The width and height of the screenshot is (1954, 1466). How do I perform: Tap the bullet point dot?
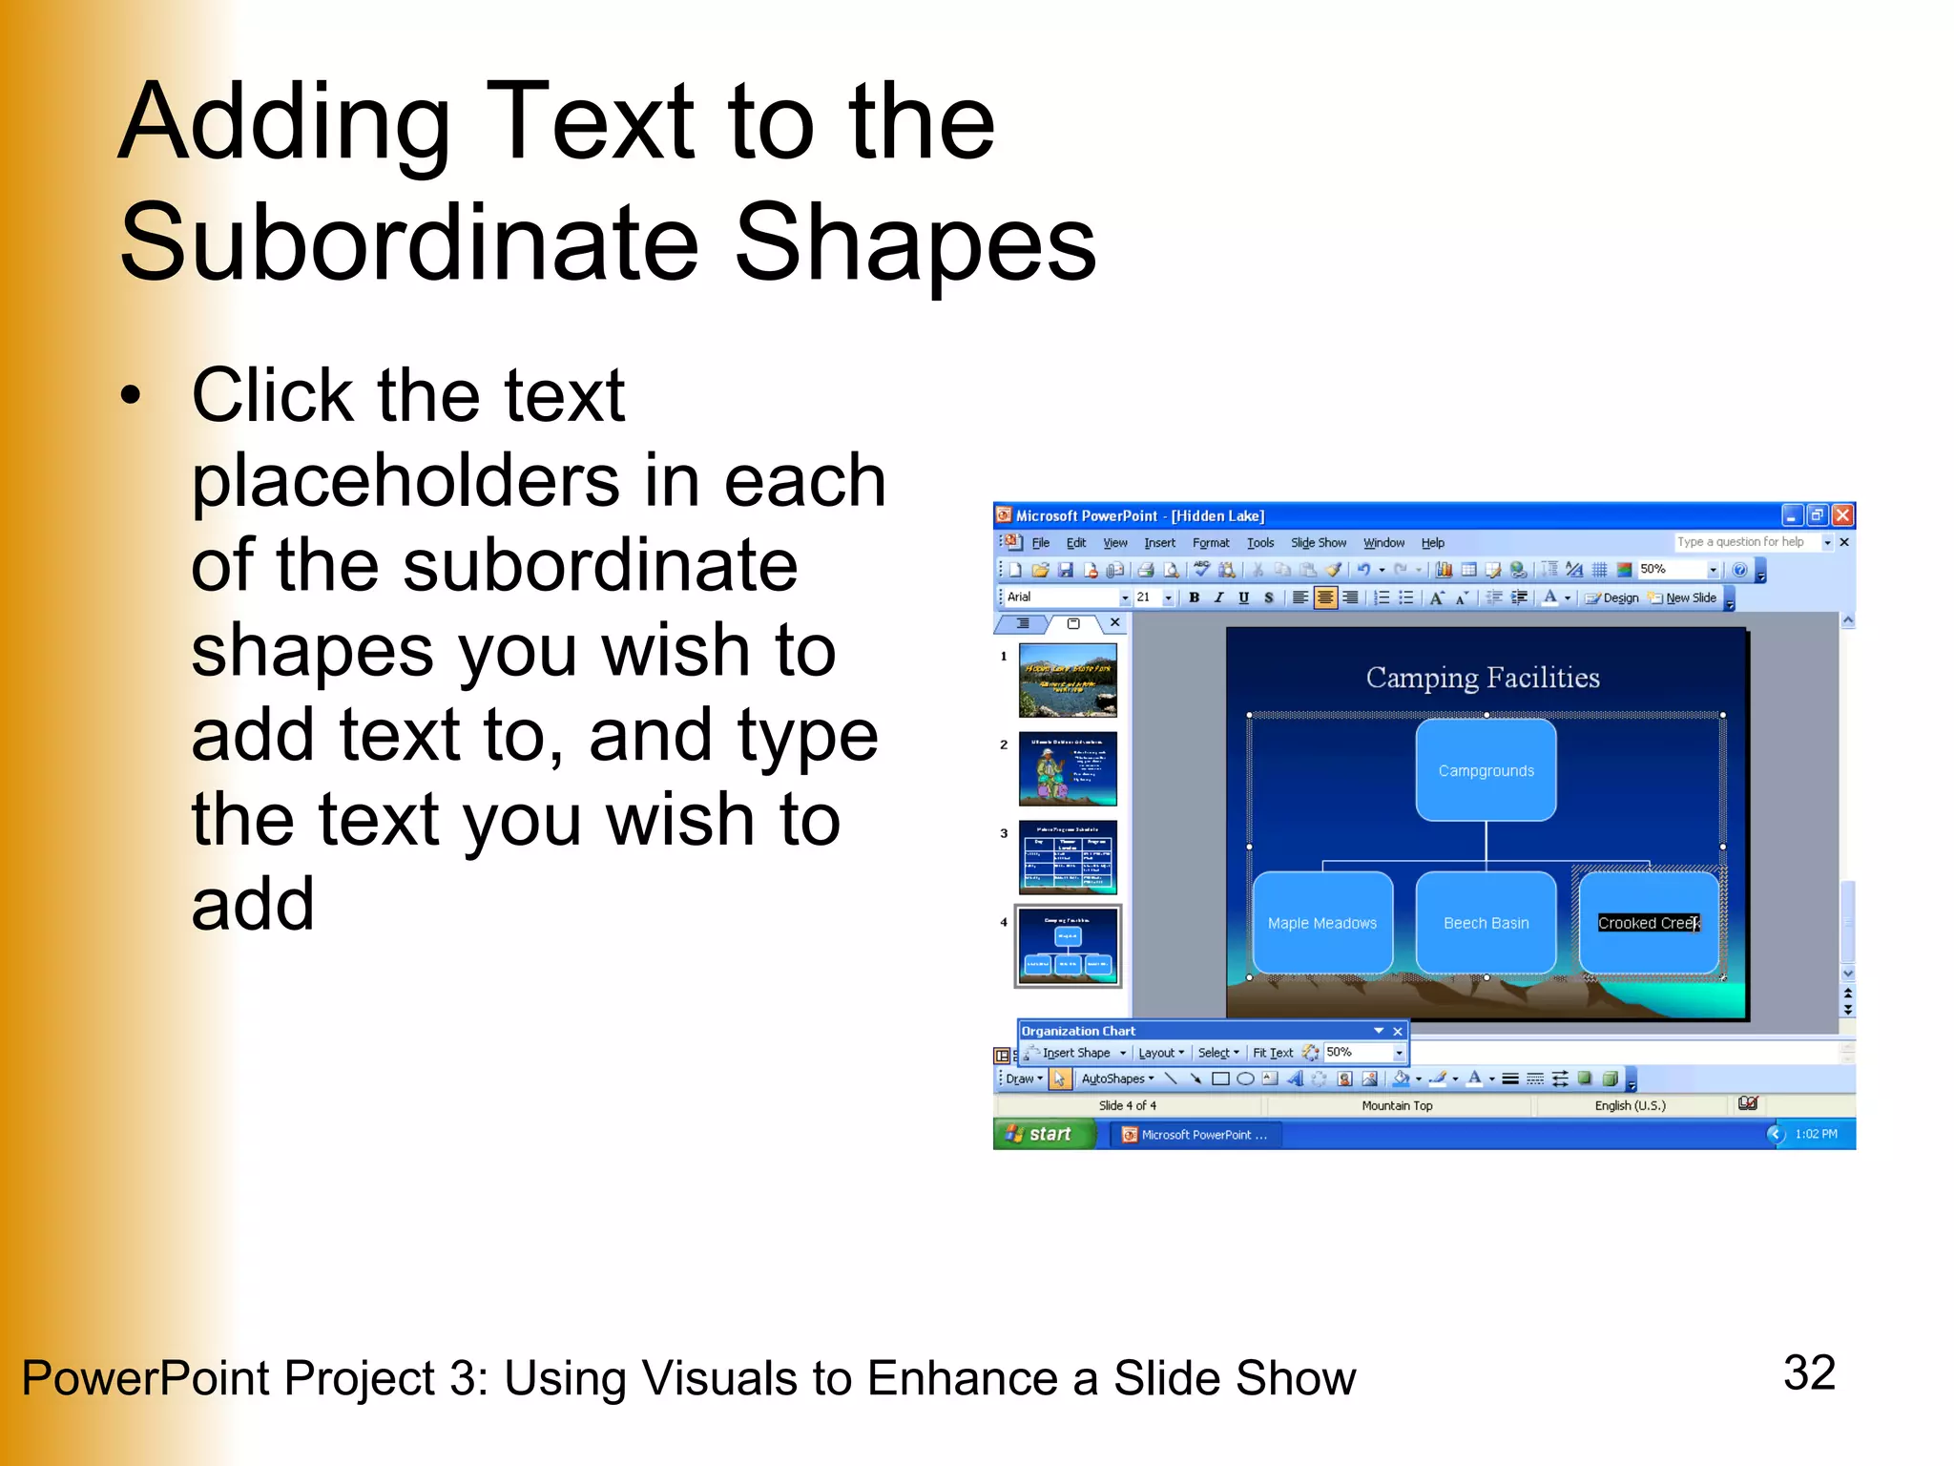(x=131, y=395)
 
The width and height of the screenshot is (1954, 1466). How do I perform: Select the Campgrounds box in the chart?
(x=1486, y=770)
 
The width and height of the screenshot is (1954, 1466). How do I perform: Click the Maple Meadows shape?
(x=1321, y=923)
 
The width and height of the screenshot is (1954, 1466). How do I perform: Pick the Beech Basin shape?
(x=1486, y=923)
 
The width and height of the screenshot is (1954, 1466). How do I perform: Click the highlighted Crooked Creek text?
(x=1648, y=923)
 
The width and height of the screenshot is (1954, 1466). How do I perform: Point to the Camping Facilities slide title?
(x=1482, y=678)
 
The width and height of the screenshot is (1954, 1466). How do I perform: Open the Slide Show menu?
(x=1318, y=543)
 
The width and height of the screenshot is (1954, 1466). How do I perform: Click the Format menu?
(x=1210, y=543)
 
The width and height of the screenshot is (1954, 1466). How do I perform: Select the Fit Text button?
(x=1273, y=1053)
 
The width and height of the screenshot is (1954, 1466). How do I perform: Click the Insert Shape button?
(x=1075, y=1053)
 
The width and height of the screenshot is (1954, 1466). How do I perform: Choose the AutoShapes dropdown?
(x=1116, y=1079)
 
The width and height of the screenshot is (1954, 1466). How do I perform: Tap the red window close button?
(x=1842, y=515)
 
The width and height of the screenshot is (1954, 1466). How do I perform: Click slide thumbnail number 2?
(x=1067, y=768)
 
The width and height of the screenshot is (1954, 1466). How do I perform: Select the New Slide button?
(x=1690, y=597)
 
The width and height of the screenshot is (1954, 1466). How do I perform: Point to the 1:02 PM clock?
(x=1815, y=1134)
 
